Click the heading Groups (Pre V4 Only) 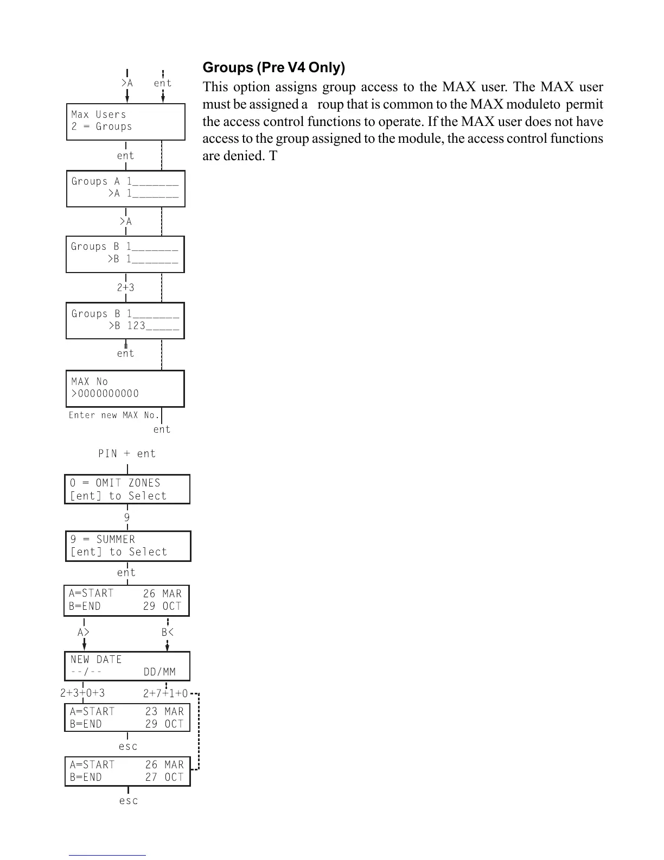tap(273, 68)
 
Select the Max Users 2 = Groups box tap(125, 122)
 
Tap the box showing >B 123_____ tap(125, 320)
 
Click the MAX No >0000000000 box tap(125, 388)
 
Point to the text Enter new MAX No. tap(114, 415)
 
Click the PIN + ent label tap(126, 453)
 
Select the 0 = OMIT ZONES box tap(127, 489)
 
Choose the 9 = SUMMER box tap(128, 546)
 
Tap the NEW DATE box tap(127, 666)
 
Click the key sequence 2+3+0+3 tap(82, 693)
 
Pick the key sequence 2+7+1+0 tap(165, 694)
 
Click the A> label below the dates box tap(84, 633)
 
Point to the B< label tap(168, 633)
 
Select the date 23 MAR tap(164, 711)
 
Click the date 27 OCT tap(164, 777)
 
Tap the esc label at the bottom tap(129, 801)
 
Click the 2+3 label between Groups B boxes tap(126, 288)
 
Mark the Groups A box tap(125, 188)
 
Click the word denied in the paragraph tap(241, 156)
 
